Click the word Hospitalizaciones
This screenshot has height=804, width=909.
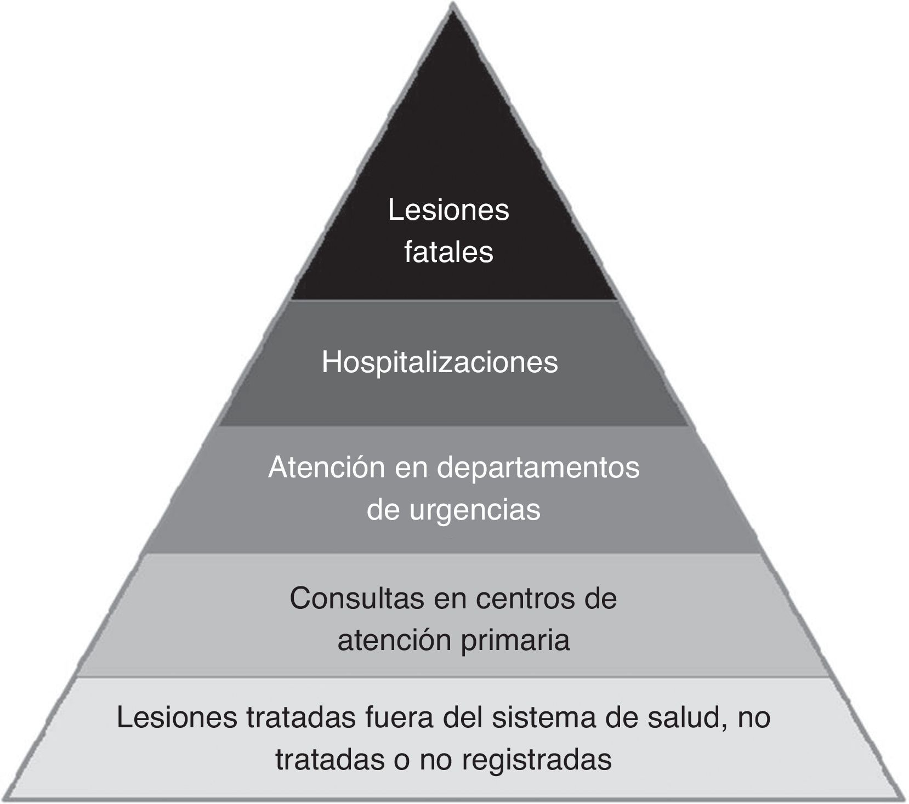tap(440, 363)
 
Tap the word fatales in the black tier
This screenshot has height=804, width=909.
tap(448, 253)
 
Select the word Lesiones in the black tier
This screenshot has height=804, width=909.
tap(448, 210)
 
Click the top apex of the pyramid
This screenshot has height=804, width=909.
tap(453, 7)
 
